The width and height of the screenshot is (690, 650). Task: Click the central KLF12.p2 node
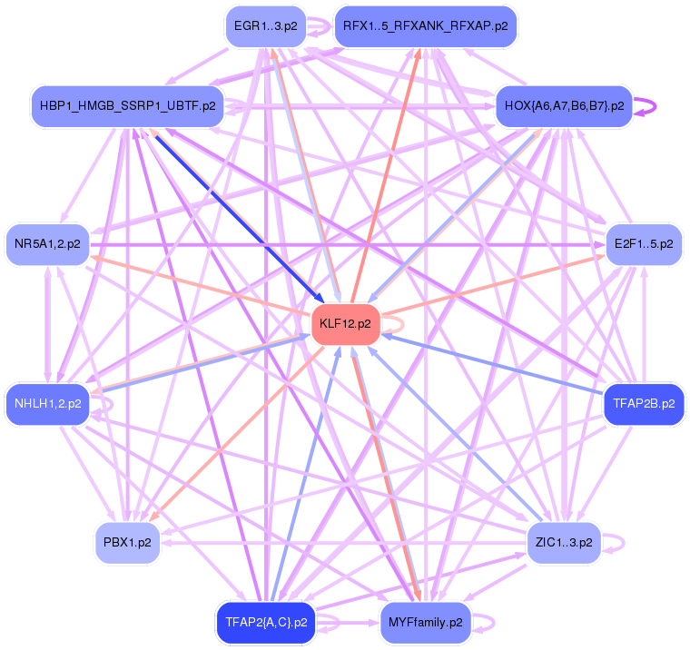tap(345, 324)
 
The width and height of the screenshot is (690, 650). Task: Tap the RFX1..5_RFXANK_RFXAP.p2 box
tap(425, 26)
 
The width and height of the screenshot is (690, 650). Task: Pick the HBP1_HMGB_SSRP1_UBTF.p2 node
tap(127, 106)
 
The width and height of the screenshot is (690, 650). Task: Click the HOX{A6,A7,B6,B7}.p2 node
tap(563, 106)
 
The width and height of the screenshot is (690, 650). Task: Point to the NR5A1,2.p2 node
tap(47, 244)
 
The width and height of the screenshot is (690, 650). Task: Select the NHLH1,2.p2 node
tap(47, 404)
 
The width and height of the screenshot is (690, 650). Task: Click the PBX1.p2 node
tap(127, 543)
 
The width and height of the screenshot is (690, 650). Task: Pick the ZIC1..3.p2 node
tap(563, 543)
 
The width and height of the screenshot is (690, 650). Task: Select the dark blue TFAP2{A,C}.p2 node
tap(265, 623)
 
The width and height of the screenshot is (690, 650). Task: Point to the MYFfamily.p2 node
tap(425, 623)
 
